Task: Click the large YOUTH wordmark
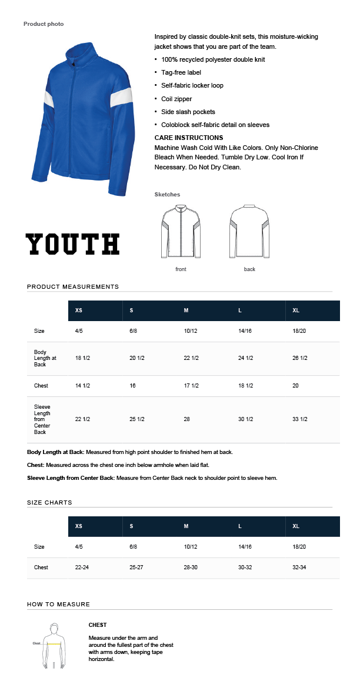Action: pos(72,244)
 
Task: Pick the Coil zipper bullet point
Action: pos(176,99)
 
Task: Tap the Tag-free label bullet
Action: pos(181,72)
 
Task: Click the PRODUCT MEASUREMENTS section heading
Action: pos(73,286)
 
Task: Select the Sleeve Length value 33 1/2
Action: pos(300,419)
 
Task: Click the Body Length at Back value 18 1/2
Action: pos(82,358)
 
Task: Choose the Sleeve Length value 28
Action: pos(188,419)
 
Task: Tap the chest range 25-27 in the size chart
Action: pos(137,567)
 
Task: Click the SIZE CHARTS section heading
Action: pos(49,503)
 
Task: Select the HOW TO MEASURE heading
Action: pos(58,604)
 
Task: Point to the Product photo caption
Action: pos(44,24)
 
